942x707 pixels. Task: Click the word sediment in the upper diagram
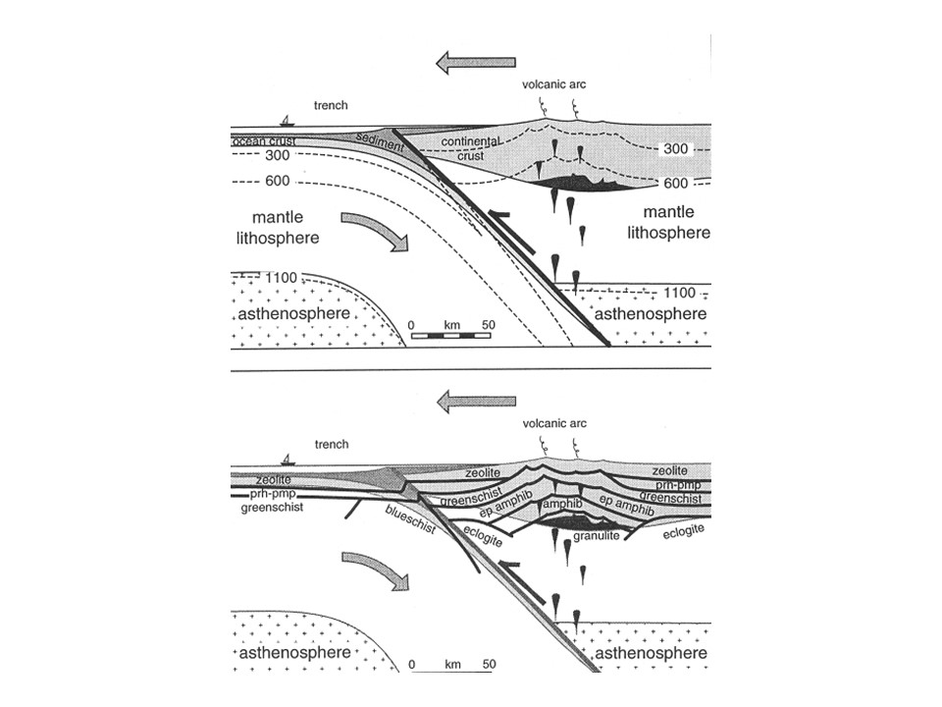tap(376, 141)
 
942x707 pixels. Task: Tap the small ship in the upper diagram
tap(287, 121)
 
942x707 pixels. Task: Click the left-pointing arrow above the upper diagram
tap(476, 64)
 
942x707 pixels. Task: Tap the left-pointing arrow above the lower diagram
tap(476, 401)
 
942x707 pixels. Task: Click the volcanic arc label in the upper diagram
tap(559, 98)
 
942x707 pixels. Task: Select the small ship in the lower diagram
tap(287, 460)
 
